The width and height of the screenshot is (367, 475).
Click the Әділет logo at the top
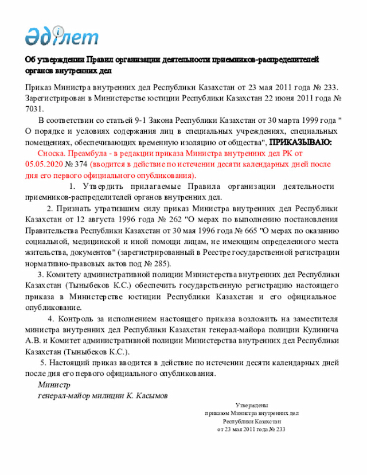(61, 36)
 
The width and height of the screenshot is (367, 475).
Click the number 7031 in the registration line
(34, 108)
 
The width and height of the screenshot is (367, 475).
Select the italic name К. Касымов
(148, 395)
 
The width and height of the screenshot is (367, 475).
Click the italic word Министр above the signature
(53, 384)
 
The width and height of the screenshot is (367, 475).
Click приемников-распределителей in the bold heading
(261, 60)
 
